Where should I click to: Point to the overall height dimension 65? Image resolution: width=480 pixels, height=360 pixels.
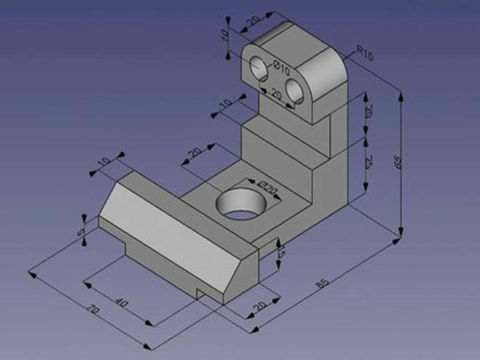398,162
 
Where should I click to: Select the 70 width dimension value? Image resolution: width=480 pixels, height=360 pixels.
93,310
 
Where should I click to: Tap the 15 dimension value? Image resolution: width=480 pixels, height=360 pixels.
281,252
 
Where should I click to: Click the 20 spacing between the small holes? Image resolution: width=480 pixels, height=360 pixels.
276,94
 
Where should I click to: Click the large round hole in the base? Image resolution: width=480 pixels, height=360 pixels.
241,205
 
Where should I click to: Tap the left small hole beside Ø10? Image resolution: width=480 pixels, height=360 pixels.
259,68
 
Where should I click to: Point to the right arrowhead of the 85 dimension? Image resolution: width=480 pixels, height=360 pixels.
396,242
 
